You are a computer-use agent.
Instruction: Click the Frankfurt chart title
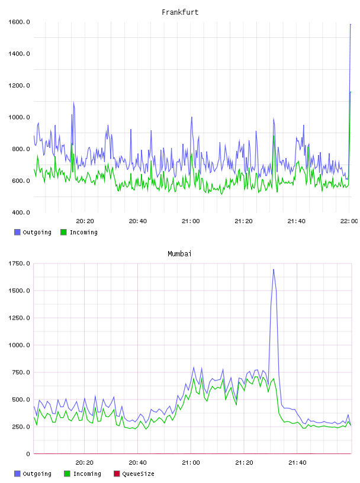tap(180, 12)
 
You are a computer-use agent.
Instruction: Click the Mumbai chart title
tap(179, 254)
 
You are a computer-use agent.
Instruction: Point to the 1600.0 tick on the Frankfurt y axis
tap(19, 22)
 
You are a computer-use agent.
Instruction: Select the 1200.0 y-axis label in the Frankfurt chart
tap(19, 85)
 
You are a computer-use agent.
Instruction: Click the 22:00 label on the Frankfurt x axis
tap(349, 221)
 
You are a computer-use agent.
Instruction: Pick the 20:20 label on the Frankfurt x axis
tap(85, 221)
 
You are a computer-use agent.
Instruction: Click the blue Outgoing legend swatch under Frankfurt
tap(17, 232)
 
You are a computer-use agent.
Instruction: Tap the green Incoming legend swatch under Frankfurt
tap(63, 232)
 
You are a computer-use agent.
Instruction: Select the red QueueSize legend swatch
tap(117, 474)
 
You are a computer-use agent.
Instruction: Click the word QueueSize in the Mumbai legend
tap(138, 474)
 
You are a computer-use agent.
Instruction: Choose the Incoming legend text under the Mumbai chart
tap(87, 474)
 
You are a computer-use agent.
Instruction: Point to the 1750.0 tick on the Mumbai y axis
tap(19, 263)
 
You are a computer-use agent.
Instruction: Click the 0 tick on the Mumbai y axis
tap(28, 454)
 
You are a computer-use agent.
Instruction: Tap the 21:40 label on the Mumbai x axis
tap(297, 463)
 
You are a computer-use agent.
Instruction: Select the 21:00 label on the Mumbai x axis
tap(191, 463)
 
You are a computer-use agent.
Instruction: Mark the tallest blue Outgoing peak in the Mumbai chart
tap(274, 269)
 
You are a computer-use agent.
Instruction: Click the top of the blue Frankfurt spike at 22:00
tap(351, 24)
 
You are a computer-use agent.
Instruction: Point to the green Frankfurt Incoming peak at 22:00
tap(351, 92)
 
